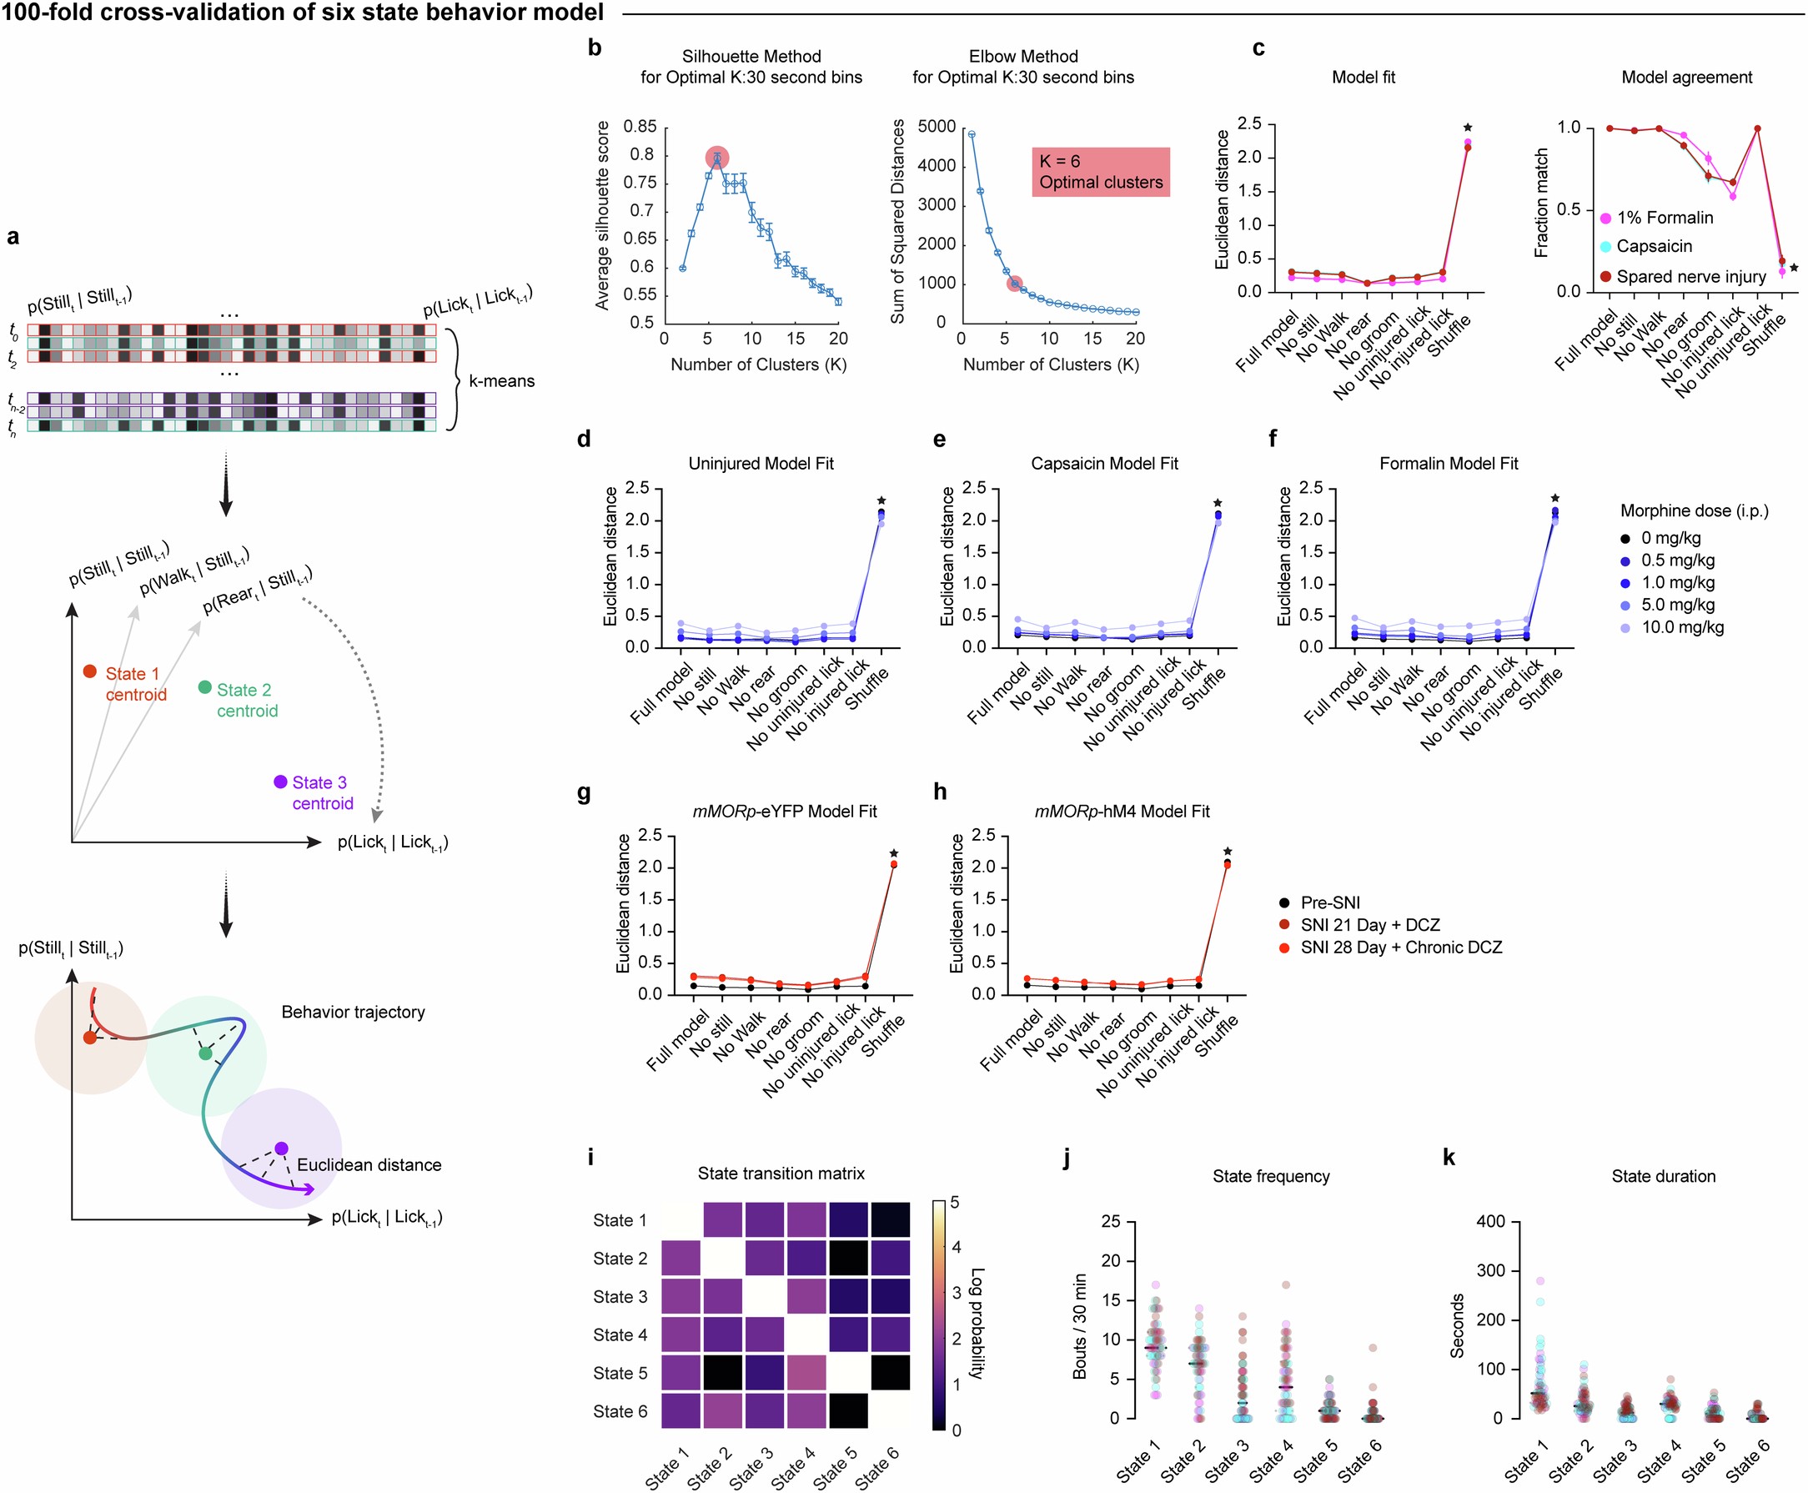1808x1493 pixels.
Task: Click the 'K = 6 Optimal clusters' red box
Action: pyautogui.click(x=1100, y=172)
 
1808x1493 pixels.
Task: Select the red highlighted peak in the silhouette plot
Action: pyautogui.click(x=717, y=158)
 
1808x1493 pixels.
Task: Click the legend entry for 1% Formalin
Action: pyautogui.click(x=1665, y=218)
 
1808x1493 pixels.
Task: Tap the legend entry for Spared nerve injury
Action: pyautogui.click(x=1690, y=277)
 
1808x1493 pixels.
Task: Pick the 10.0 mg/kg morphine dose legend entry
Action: pyautogui.click(x=1681, y=627)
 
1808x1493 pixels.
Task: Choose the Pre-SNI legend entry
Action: pyautogui.click(x=1329, y=903)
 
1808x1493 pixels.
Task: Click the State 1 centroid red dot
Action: pyautogui.click(x=89, y=671)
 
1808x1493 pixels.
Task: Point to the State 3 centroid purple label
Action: pyautogui.click(x=322, y=792)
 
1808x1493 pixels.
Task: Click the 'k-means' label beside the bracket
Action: pyautogui.click(x=501, y=381)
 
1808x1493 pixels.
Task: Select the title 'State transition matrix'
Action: pyautogui.click(x=781, y=1173)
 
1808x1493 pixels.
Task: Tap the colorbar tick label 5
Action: pyautogui.click(x=955, y=1202)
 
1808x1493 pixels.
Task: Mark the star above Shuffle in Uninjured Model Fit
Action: pyautogui.click(x=881, y=500)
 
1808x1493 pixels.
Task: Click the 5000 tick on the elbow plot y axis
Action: pyautogui.click(x=937, y=127)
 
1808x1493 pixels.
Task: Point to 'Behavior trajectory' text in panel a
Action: pyautogui.click(x=353, y=1013)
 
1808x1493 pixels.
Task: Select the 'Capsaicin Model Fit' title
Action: pyautogui.click(x=1104, y=464)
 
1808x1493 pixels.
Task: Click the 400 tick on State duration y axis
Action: pyautogui.click(x=1490, y=1221)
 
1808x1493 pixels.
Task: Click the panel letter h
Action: pyautogui.click(x=940, y=792)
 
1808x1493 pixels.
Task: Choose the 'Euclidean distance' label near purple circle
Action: pyautogui.click(x=369, y=1164)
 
